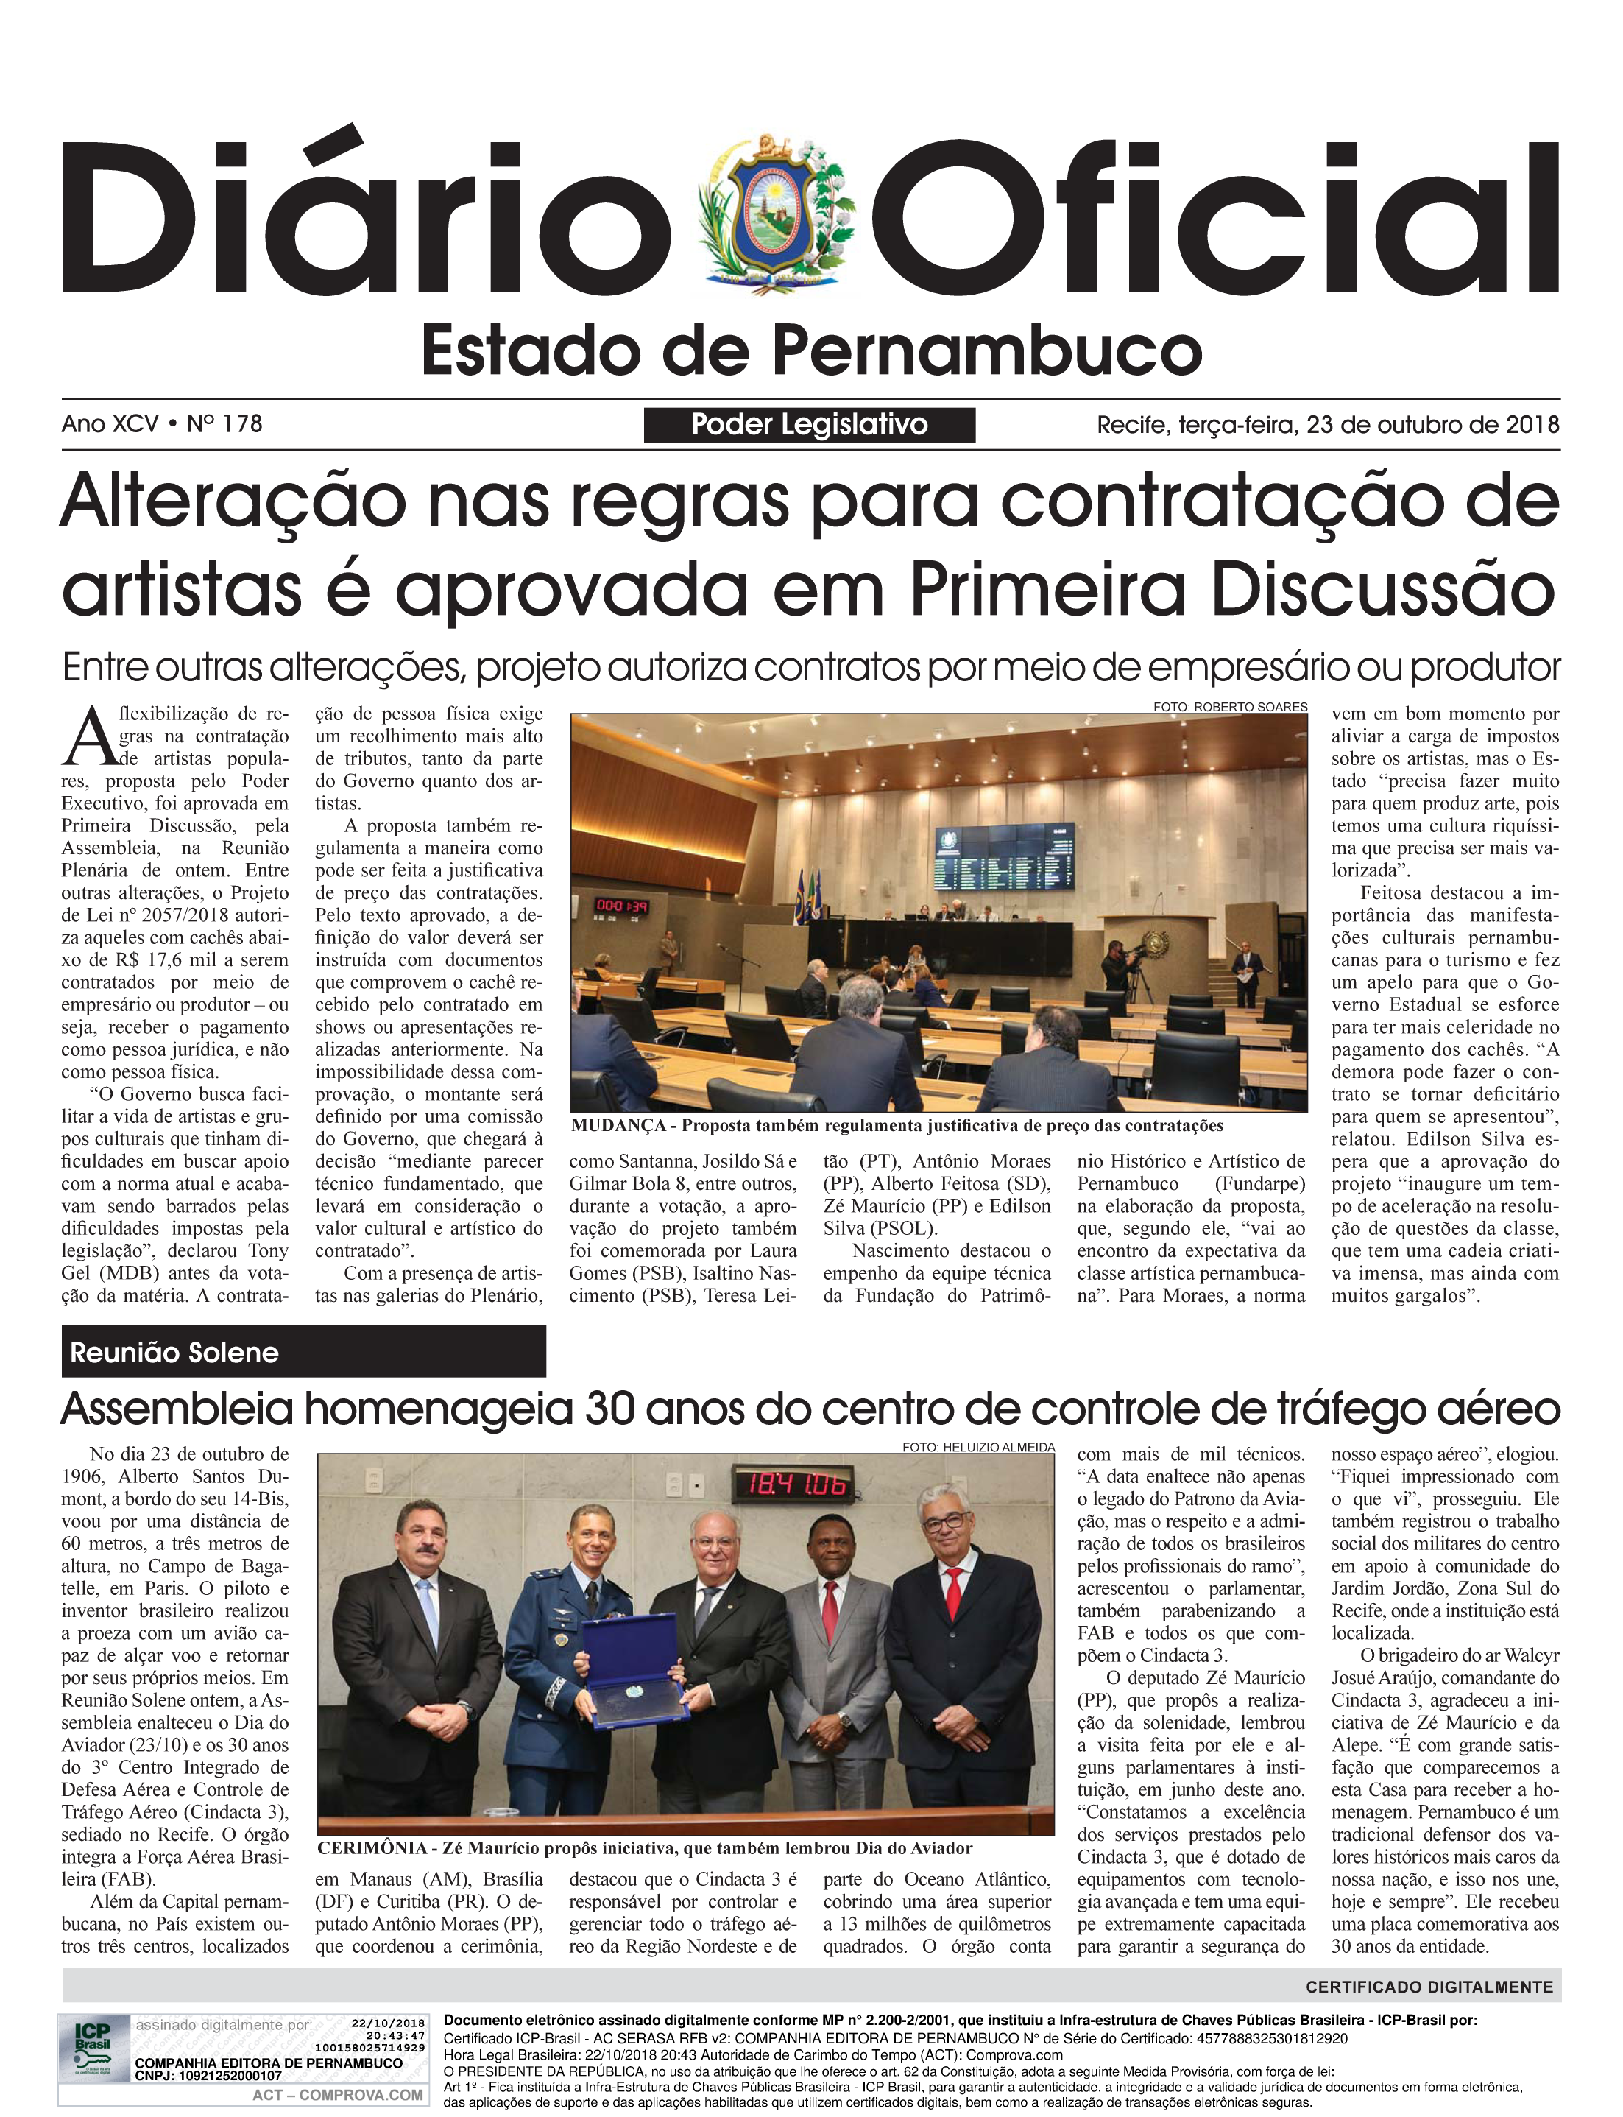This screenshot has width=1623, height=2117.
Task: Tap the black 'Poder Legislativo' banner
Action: point(810,424)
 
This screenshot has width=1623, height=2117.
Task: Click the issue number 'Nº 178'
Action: point(224,423)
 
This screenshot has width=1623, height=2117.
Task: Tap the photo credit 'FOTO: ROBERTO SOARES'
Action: point(1230,706)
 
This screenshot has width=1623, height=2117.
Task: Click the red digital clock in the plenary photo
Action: point(621,906)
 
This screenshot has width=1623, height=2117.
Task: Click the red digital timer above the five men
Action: point(792,1485)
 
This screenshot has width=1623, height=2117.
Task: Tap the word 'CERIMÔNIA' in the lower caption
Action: point(372,1848)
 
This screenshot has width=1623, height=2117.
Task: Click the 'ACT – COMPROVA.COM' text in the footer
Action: point(337,2095)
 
